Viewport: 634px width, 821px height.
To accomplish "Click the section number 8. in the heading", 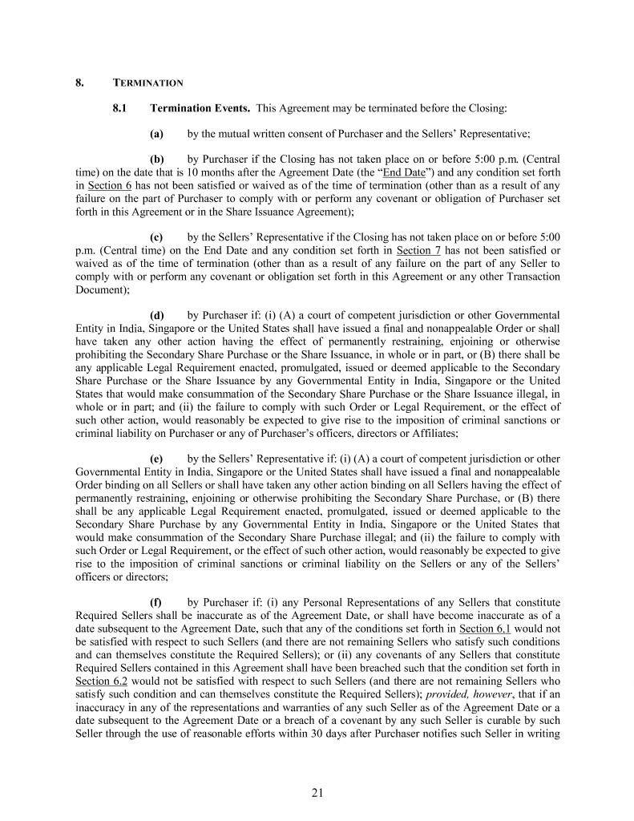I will [79, 83].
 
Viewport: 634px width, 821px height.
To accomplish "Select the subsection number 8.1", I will [120, 107].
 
